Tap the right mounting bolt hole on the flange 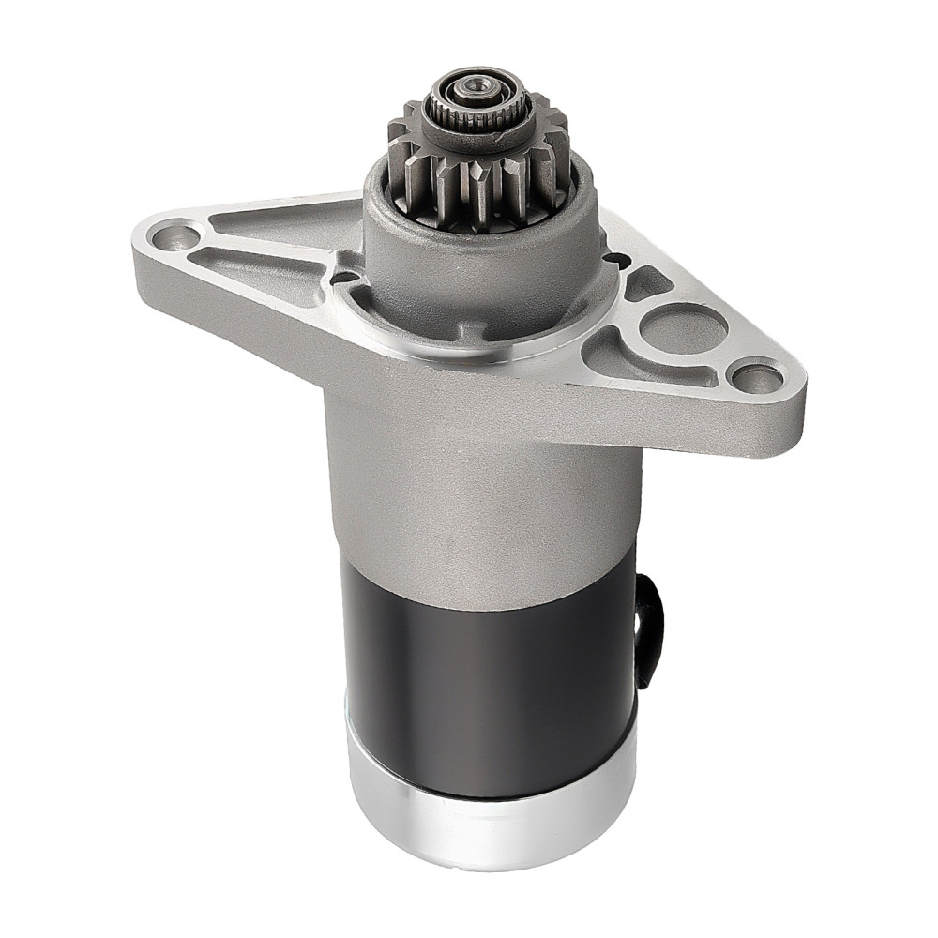755,377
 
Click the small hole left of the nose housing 344,277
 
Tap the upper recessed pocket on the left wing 281,225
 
